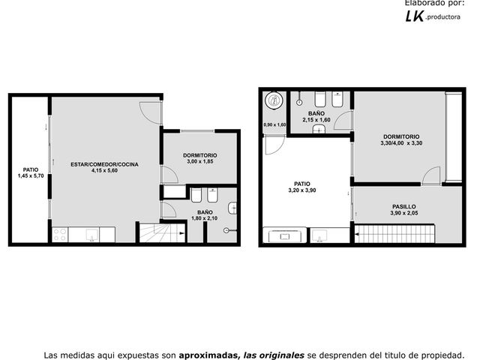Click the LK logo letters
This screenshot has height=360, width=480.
click(415, 16)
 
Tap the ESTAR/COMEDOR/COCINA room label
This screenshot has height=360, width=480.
click(104, 164)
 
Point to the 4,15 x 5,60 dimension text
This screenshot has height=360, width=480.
click(104, 170)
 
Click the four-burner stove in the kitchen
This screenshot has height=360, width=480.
click(60, 234)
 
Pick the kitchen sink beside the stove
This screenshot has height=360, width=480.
click(91, 235)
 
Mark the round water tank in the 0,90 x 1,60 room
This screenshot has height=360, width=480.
click(274, 100)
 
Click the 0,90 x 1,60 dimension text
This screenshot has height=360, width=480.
click(274, 125)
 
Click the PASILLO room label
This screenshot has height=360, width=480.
click(403, 207)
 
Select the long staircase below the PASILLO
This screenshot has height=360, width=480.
click(394, 234)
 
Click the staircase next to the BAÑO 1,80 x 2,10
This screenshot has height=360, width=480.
click(162, 233)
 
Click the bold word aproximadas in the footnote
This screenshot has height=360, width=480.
click(209, 355)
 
